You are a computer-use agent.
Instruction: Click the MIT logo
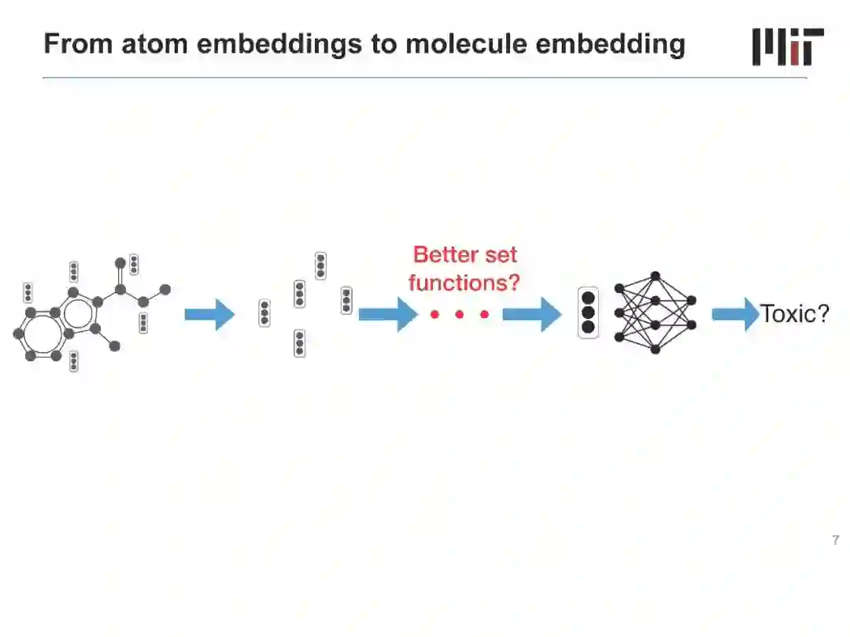[788, 46]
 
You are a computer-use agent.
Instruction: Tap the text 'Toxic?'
[795, 314]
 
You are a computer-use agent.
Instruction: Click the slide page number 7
[835, 540]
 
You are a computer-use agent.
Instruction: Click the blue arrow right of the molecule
[209, 315]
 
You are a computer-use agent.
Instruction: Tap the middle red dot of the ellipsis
[459, 315]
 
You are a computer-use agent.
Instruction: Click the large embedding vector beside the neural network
[588, 314]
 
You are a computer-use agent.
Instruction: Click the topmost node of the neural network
[655, 276]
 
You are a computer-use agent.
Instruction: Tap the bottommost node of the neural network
[655, 349]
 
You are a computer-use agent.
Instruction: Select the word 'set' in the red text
[502, 255]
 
